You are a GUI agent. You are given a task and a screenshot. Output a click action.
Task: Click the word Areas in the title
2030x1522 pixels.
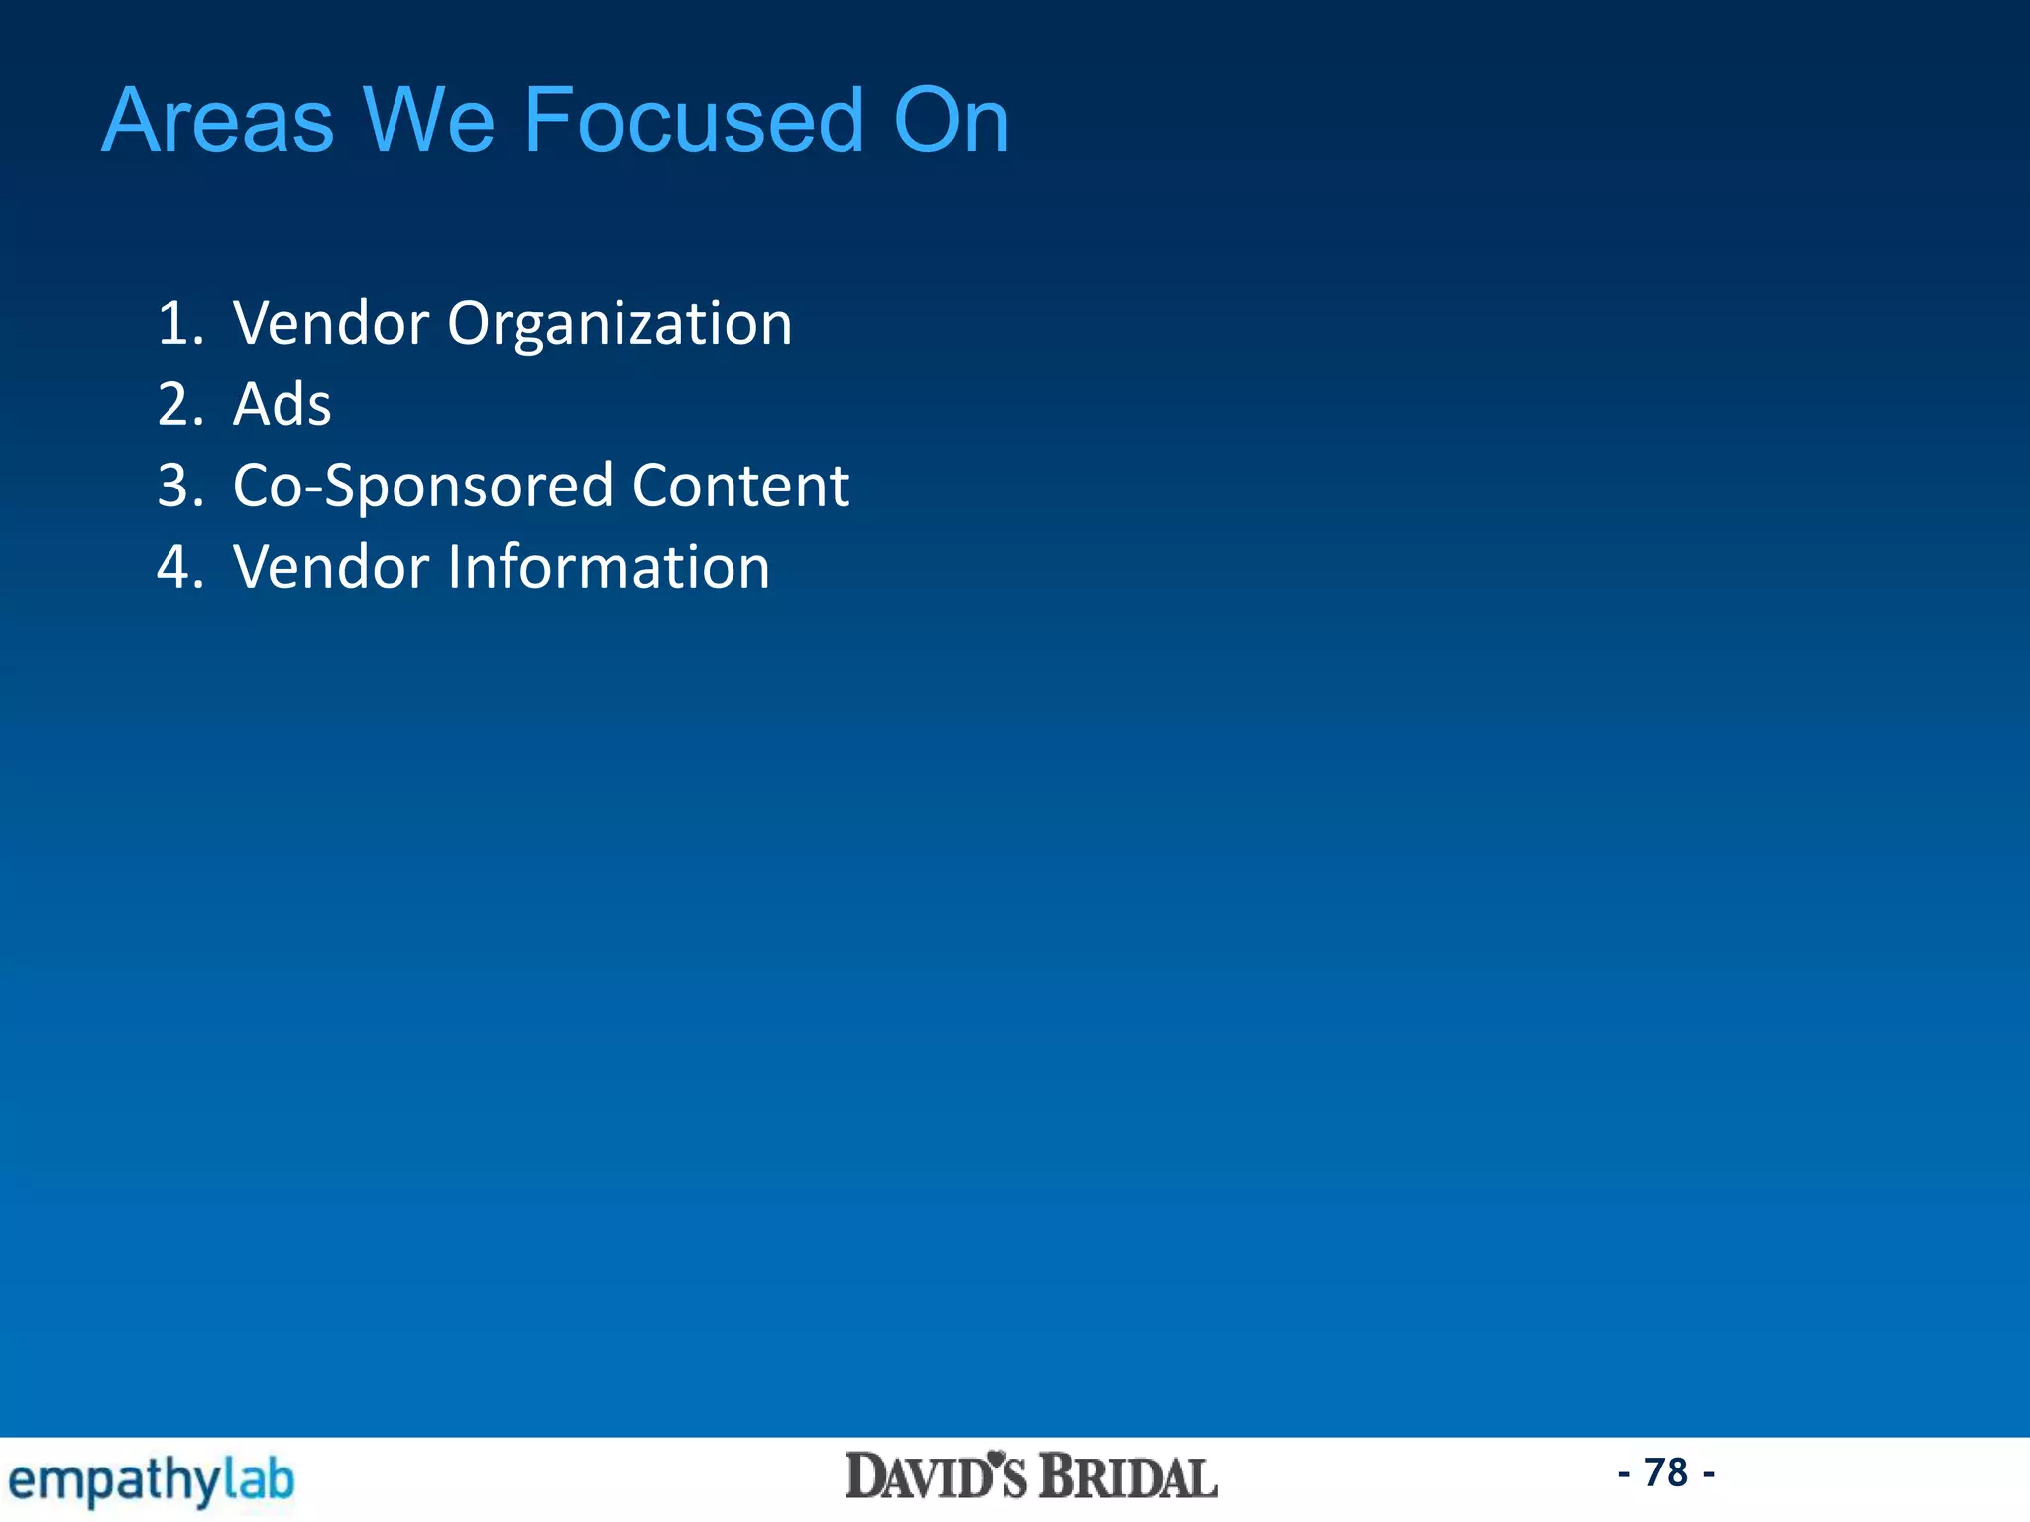click(x=218, y=121)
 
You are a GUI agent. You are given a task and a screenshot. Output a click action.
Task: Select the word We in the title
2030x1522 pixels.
click(x=428, y=121)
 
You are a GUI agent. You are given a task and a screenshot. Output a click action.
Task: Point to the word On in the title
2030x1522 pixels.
click(x=951, y=121)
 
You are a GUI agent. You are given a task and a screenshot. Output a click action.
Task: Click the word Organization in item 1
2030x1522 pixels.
click(x=620, y=324)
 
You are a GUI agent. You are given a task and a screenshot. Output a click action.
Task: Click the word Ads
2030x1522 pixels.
click(x=282, y=405)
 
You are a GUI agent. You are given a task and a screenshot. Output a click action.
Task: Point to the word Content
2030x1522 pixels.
click(x=740, y=487)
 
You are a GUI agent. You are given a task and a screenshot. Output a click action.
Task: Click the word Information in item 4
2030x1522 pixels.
click(x=609, y=568)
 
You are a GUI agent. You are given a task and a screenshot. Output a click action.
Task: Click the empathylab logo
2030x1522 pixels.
click(x=151, y=1480)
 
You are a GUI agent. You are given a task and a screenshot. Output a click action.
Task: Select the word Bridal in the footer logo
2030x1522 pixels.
click(x=1127, y=1477)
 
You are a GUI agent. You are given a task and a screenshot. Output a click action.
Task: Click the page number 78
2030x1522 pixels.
click(x=1665, y=1473)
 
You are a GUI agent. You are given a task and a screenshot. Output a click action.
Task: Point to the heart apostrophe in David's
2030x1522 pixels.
click(x=997, y=1461)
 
